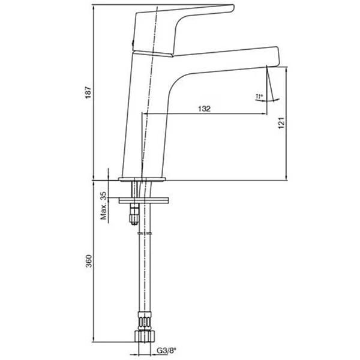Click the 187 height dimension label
click(x=89, y=92)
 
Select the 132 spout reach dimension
click(x=205, y=109)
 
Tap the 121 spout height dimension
click(x=281, y=123)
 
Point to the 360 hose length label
click(x=89, y=261)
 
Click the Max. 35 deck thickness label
click(x=104, y=205)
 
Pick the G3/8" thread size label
click(x=167, y=350)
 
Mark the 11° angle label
click(x=259, y=97)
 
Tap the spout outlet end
click(x=272, y=66)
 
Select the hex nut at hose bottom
click(x=145, y=337)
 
